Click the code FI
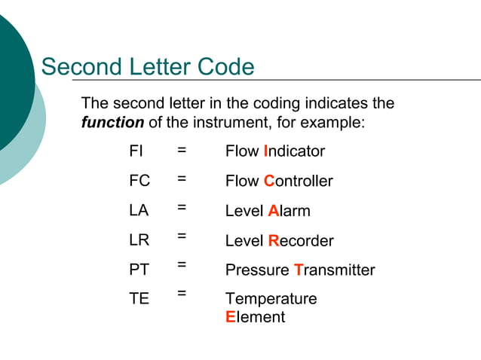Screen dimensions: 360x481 [136, 151]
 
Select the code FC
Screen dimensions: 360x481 [139, 181]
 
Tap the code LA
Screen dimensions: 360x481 [139, 211]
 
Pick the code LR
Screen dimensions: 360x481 [139, 240]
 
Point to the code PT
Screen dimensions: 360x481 [139, 270]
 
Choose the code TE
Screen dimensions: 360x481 [139, 298]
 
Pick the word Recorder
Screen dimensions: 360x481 [301, 241]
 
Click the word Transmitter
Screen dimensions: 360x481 [334, 270]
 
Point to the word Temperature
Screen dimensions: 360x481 [271, 299]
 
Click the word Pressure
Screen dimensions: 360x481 [257, 270]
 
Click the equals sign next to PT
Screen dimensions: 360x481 [182, 264]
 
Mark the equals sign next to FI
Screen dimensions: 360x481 [182, 151]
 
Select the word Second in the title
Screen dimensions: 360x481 [78, 68]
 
